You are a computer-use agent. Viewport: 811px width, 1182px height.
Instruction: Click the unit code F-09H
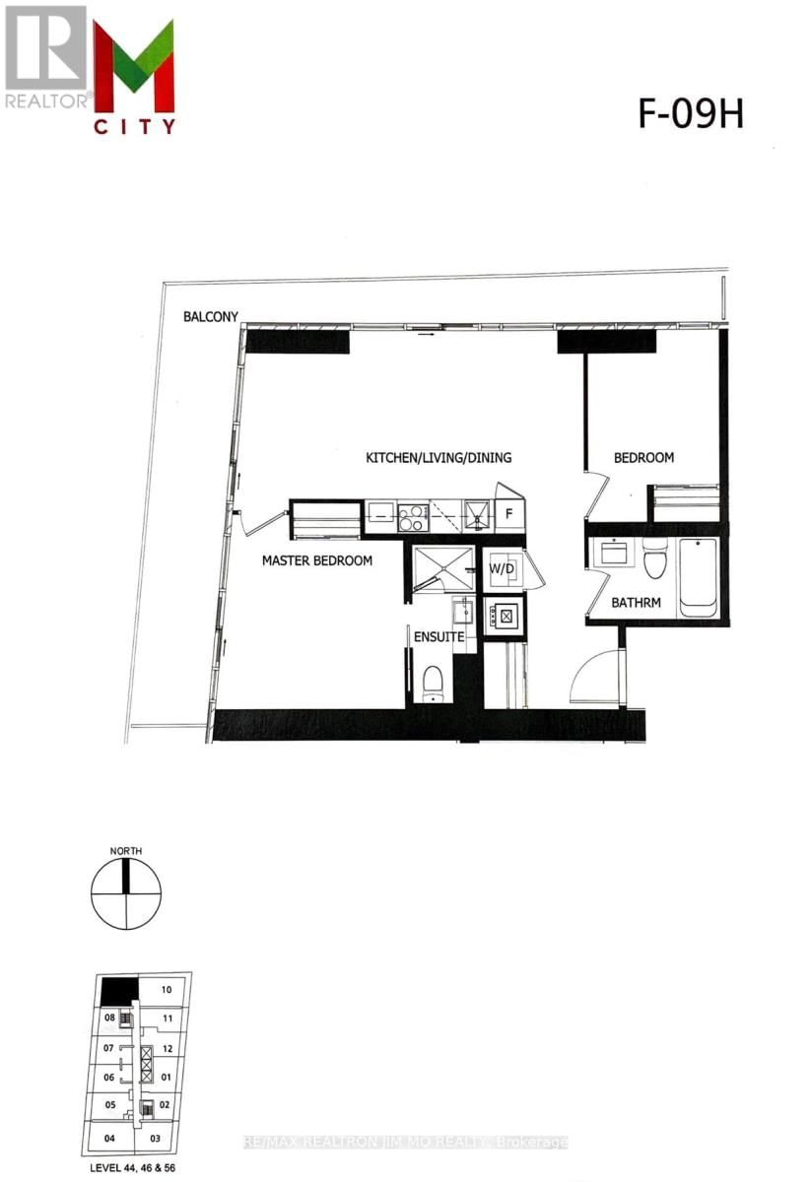(x=689, y=115)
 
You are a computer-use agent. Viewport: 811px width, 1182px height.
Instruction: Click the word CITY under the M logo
(x=135, y=126)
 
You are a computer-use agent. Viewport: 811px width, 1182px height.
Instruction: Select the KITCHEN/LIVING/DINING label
(x=439, y=458)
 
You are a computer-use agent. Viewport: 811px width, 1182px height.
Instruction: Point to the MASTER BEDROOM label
(x=316, y=560)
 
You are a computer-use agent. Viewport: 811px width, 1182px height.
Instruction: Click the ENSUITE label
(x=438, y=637)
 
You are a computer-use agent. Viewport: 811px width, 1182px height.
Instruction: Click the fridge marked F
(x=509, y=513)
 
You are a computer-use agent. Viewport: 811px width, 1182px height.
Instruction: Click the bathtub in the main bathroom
(x=698, y=577)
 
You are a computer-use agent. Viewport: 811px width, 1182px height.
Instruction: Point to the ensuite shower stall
(x=442, y=569)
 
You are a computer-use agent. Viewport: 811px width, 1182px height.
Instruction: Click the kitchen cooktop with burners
(x=411, y=514)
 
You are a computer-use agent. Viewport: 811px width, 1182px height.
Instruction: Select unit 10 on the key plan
(x=167, y=989)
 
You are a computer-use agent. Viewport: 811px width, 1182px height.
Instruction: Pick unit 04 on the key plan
(x=110, y=1139)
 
